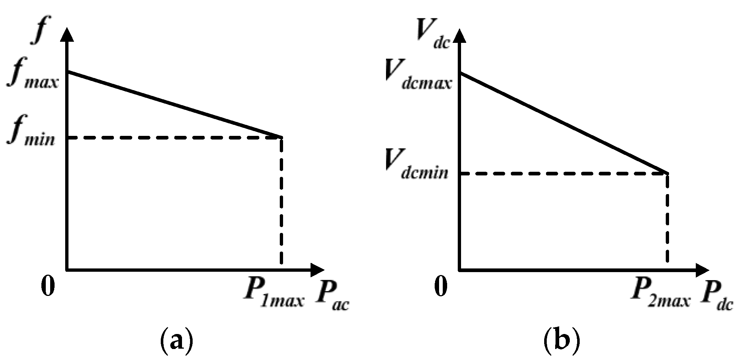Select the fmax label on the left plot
pos(32,77)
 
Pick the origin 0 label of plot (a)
pos(48,287)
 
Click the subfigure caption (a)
pos(177,341)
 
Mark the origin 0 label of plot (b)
pos(441,287)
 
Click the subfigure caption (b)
pos(561,341)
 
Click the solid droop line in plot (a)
pos(174,104)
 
